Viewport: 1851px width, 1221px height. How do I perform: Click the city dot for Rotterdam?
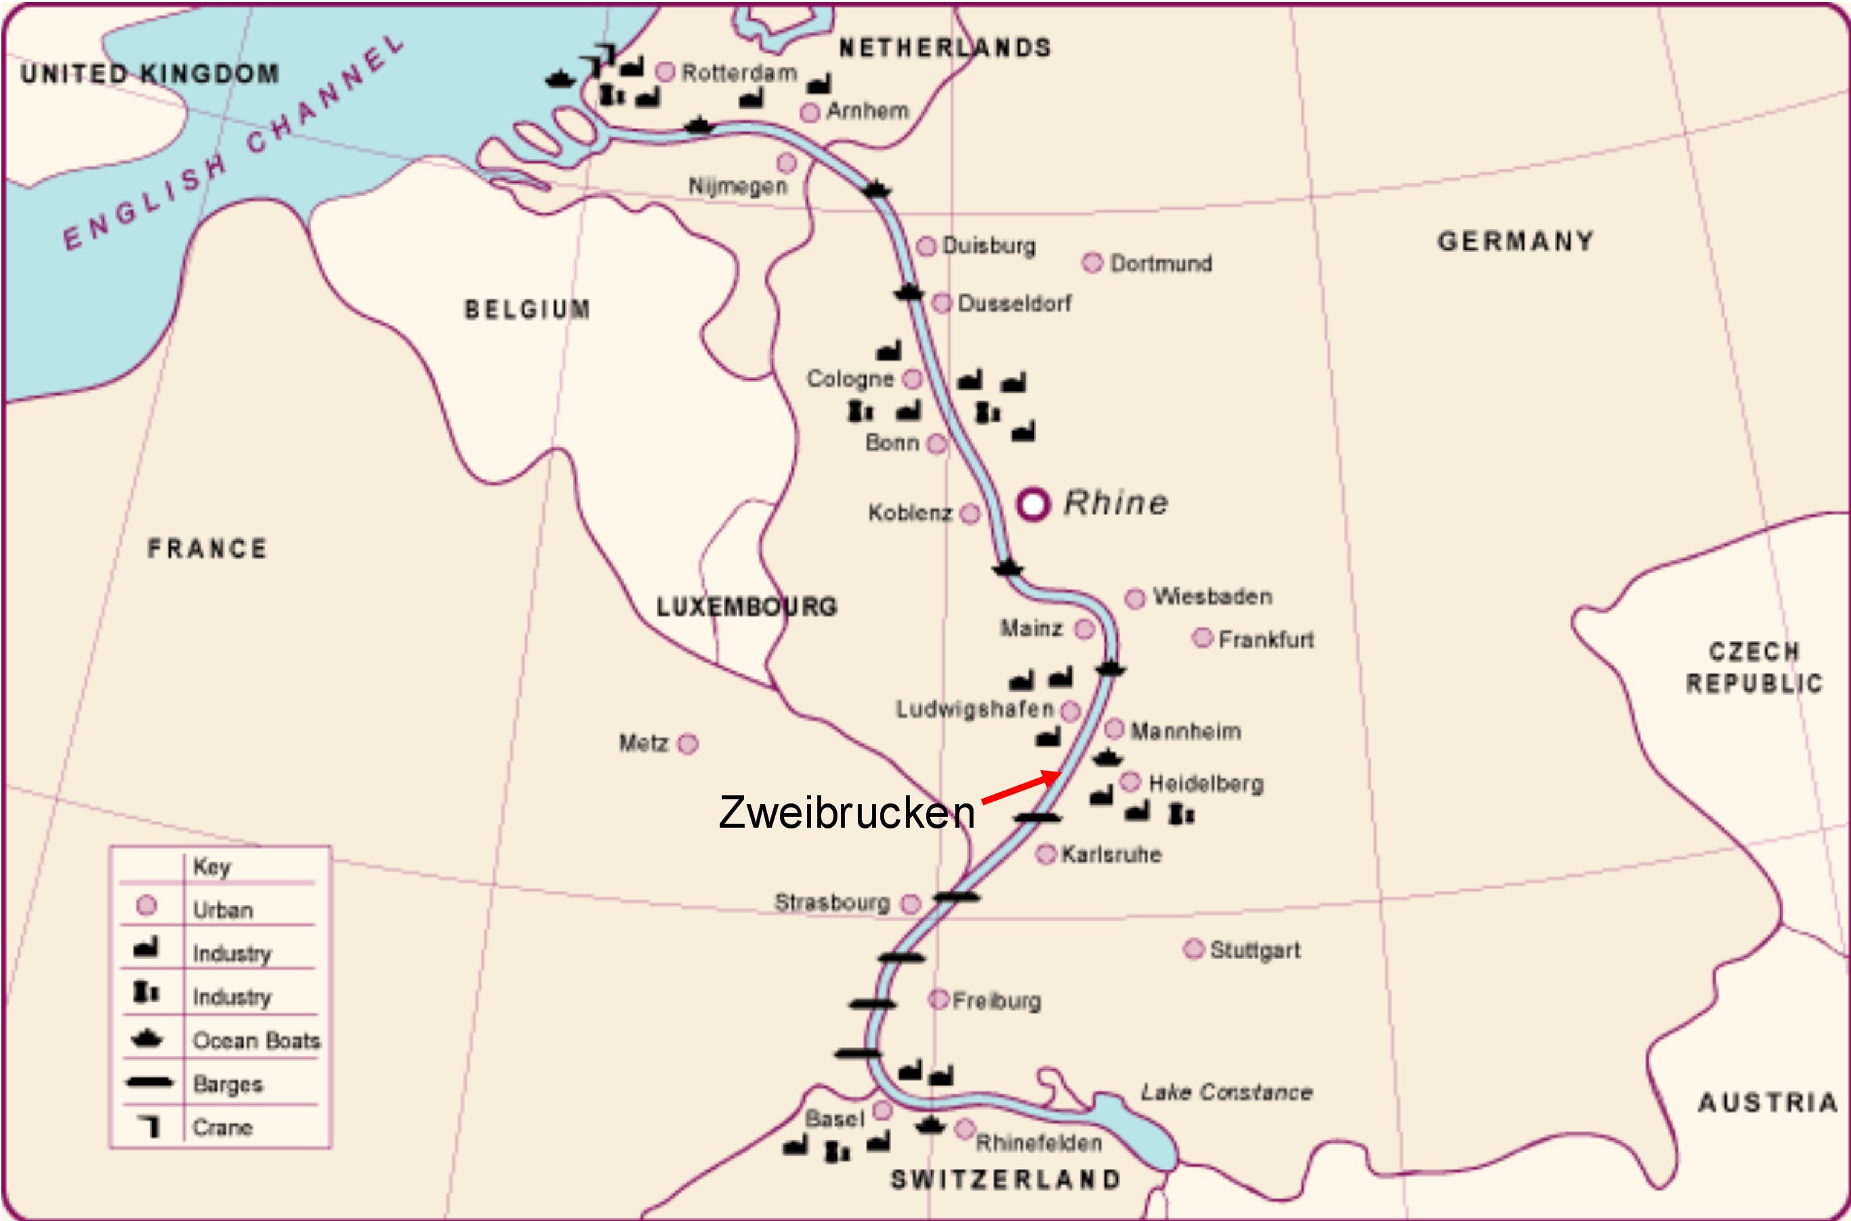click(x=664, y=72)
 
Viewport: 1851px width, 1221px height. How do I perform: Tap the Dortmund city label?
click(x=1160, y=264)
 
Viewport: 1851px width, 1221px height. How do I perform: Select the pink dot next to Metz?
click(x=688, y=745)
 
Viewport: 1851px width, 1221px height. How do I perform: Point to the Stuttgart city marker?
click(x=1193, y=949)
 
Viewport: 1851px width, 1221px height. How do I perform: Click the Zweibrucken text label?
click(x=846, y=813)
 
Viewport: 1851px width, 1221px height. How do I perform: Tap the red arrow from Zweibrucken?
click(x=1021, y=787)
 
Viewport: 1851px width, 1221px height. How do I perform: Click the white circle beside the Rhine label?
click(x=1033, y=505)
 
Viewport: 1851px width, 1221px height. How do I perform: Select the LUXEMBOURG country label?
click(x=746, y=606)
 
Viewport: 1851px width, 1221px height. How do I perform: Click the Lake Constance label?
click(x=1227, y=1092)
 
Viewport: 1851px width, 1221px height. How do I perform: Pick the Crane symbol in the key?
click(x=149, y=1126)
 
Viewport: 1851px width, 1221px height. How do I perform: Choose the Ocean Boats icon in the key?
click(x=146, y=1039)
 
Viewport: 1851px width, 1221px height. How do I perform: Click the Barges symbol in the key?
click(x=149, y=1082)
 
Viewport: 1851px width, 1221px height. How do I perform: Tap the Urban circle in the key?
click(x=146, y=906)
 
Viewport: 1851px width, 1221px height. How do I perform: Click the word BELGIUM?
click(x=527, y=310)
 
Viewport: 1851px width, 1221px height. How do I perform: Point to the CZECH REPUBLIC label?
click(x=1754, y=667)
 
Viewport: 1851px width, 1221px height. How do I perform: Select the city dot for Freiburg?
click(x=939, y=999)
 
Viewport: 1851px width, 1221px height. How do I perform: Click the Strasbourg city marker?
click(x=911, y=904)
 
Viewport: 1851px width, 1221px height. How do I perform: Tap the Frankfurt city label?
click(x=1265, y=640)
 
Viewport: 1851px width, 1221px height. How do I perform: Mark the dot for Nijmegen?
click(x=787, y=162)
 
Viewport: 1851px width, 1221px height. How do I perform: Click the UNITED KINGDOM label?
click(x=150, y=74)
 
